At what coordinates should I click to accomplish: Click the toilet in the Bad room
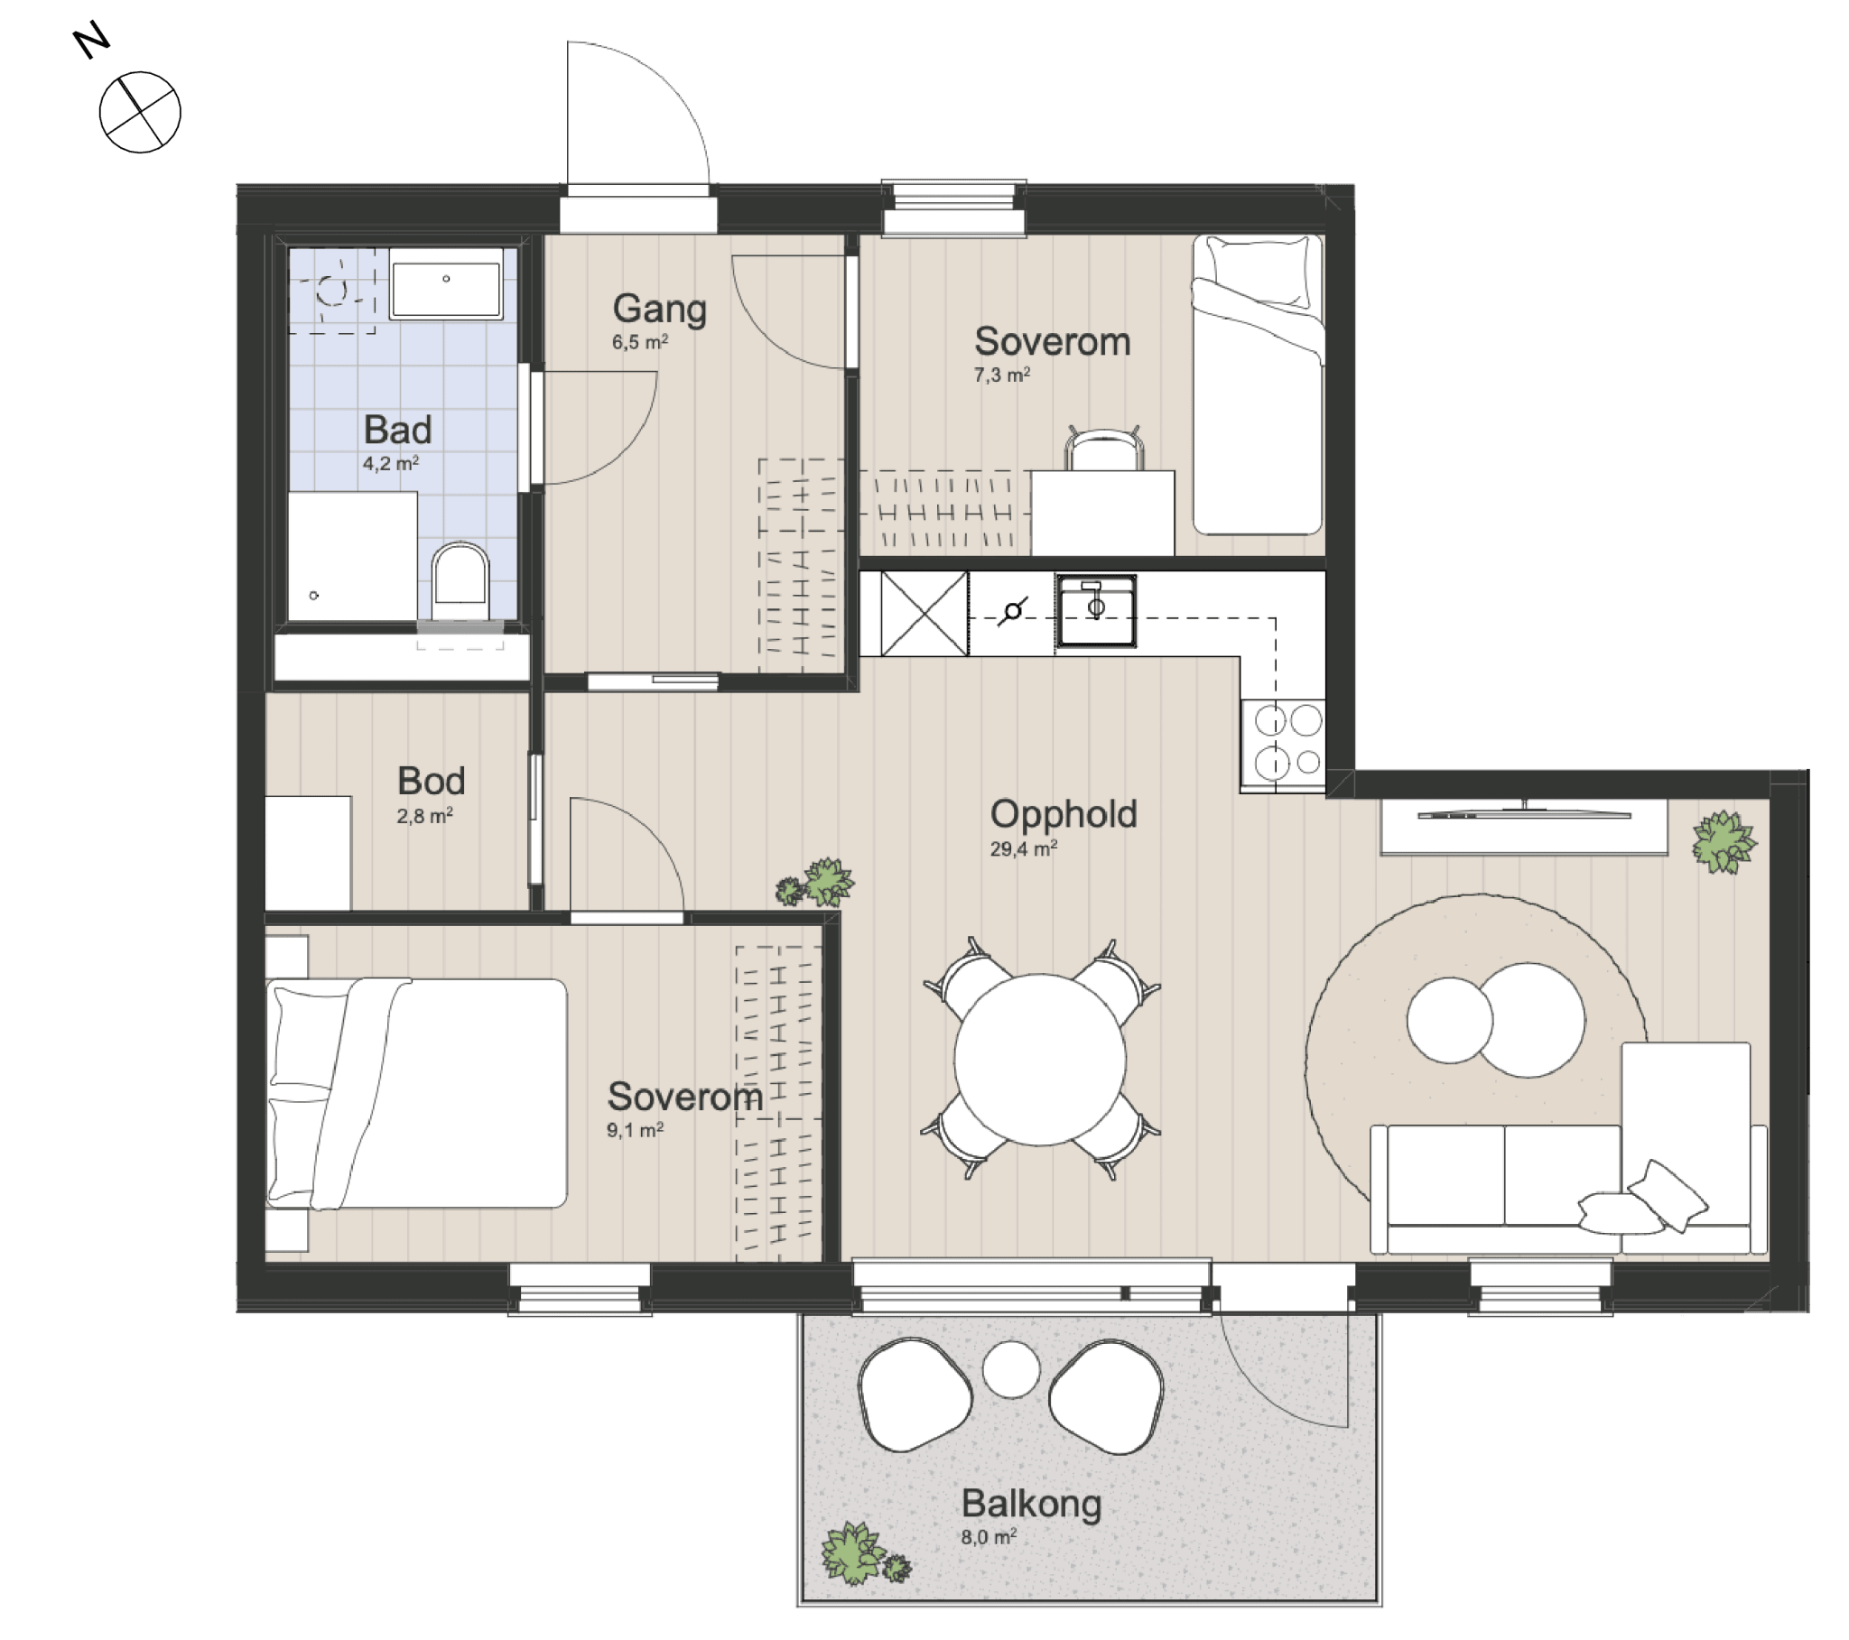460,580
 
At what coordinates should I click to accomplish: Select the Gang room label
659,309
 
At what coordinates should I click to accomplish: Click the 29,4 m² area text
1023,848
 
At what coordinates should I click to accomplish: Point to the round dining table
1040,1060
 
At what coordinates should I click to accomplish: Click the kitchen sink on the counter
1096,610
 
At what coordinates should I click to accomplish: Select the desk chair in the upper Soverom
1104,448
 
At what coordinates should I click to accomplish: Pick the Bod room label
432,781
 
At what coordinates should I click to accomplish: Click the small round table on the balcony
1011,1368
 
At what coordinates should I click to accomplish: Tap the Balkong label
1031,1504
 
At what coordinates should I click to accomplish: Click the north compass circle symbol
140,112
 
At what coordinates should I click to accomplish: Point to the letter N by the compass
91,42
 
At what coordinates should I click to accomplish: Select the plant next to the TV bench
1724,842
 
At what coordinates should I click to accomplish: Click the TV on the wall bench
1524,813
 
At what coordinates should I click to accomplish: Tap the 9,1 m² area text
635,1130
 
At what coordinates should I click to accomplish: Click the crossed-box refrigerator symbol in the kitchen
924,613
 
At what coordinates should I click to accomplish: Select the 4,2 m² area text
391,464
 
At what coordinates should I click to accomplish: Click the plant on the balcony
864,1555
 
